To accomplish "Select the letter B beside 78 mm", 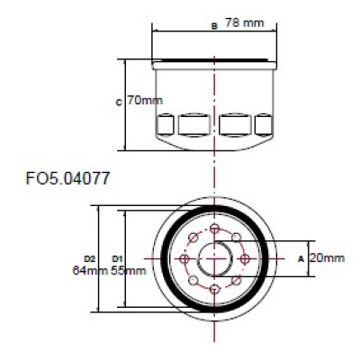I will click(213, 26).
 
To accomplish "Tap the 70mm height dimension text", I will click(141, 100).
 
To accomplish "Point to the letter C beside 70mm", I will click(119, 102).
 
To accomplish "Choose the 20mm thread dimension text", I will click(327, 258).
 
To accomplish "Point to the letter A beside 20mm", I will click(300, 258).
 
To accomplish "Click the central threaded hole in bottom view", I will click(214, 259).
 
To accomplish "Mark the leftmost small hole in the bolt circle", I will click(184, 259).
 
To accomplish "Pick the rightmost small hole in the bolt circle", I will click(244, 259).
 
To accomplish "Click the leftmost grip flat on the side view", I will click(166, 123).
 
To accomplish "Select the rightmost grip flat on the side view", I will click(263, 123).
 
